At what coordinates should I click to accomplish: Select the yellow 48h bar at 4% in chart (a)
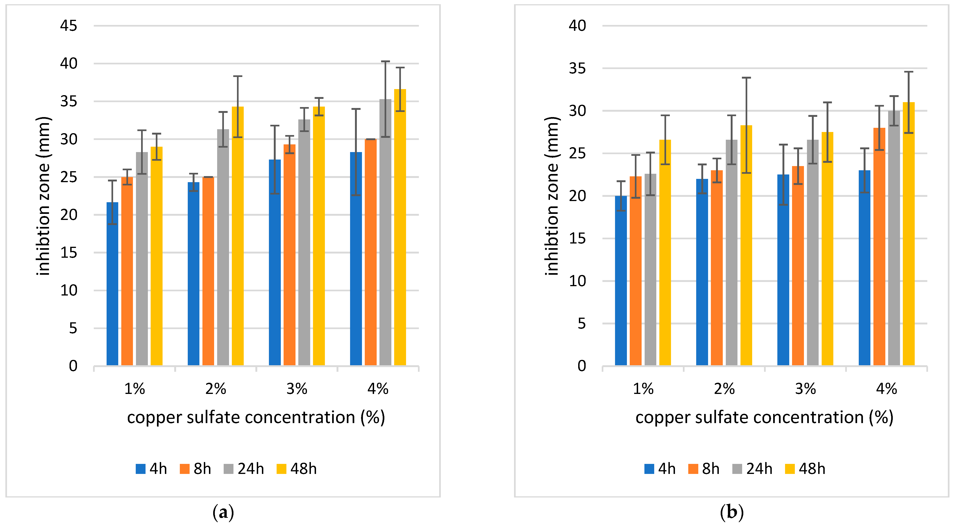pyautogui.click(x=400, y=227)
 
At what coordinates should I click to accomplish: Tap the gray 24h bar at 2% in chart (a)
pyautogui.click(x=223, y=247)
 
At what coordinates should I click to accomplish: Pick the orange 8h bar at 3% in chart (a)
pyautogui.click(x=289, y=255)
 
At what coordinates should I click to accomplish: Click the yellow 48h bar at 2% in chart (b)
pyautogui.click(x=746, y=246)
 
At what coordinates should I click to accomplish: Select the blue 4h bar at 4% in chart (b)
pyautogui.click(x=864, y=268)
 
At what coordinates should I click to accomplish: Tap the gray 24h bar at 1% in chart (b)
pyautogui.click(x=650, y=270)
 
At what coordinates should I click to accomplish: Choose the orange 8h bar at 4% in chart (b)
pyautogui.click(x=879, y=247)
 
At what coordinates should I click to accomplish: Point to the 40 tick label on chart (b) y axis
pyautogui.click(x=577, y=26)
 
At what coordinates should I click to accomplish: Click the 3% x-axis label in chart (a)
pyautogui.click(x=297, y=389)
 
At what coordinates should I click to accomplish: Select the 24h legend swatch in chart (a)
pyautogui.click(x=229, y=469)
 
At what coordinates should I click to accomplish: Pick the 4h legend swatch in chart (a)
pyautogui.click(x=141, y=469)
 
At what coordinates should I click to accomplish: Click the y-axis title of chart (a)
pyautogui.click(x=43, y=196)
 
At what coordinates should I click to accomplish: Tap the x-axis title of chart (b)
pyautogui.click(x=764, y=417)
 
